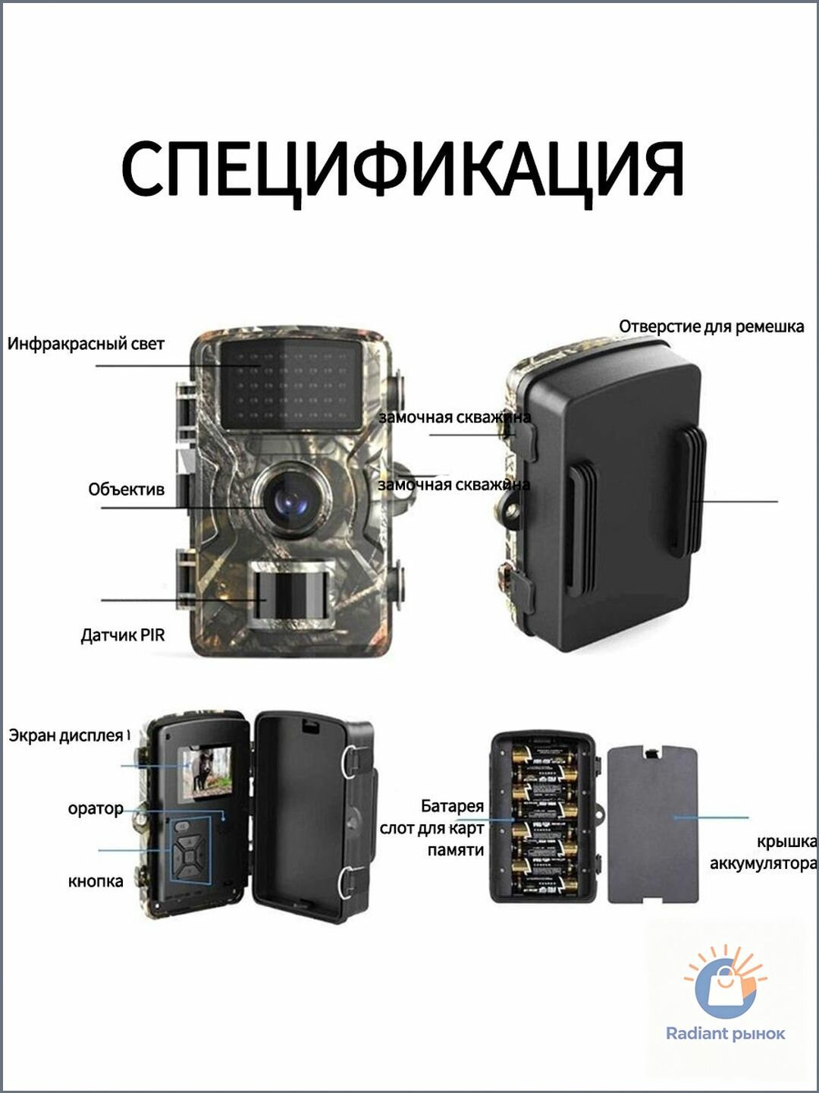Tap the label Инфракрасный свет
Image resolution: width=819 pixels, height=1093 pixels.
(86, 344)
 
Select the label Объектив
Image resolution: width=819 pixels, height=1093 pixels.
(127, 489)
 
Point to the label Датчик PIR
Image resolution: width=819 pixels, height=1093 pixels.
(122, 635)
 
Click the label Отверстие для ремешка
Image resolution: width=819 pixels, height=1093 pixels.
(711, 326)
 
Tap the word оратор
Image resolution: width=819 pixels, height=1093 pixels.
(96, 809)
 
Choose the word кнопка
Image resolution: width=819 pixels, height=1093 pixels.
(96, 881)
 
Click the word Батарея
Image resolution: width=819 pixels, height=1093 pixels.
(452, 806)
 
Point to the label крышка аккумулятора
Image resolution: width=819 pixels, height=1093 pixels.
(764, 852)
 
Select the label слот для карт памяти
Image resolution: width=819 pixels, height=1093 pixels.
(431, 839)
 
